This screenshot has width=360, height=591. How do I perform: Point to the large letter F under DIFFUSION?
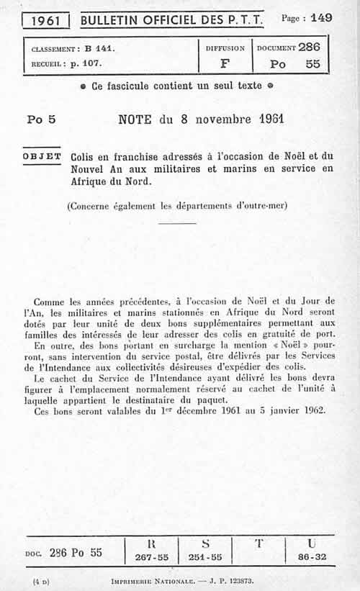(225, 63)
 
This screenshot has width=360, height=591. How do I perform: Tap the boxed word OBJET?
(42, 156)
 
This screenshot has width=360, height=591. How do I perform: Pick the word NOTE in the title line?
(135, 119)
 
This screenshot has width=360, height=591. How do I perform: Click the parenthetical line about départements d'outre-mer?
(177, 205)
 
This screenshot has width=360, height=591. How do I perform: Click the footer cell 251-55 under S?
(205, 557)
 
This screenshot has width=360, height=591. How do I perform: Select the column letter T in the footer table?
(258, 544)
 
